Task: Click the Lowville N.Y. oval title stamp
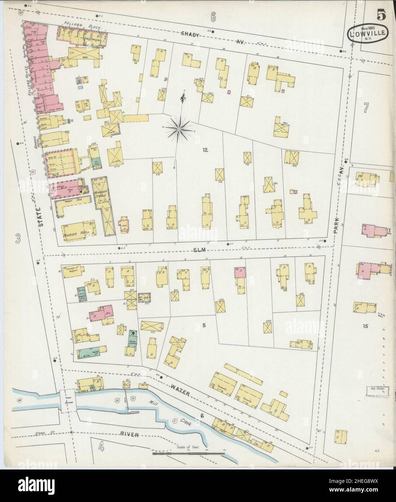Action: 368,34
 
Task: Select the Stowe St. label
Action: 23,432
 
